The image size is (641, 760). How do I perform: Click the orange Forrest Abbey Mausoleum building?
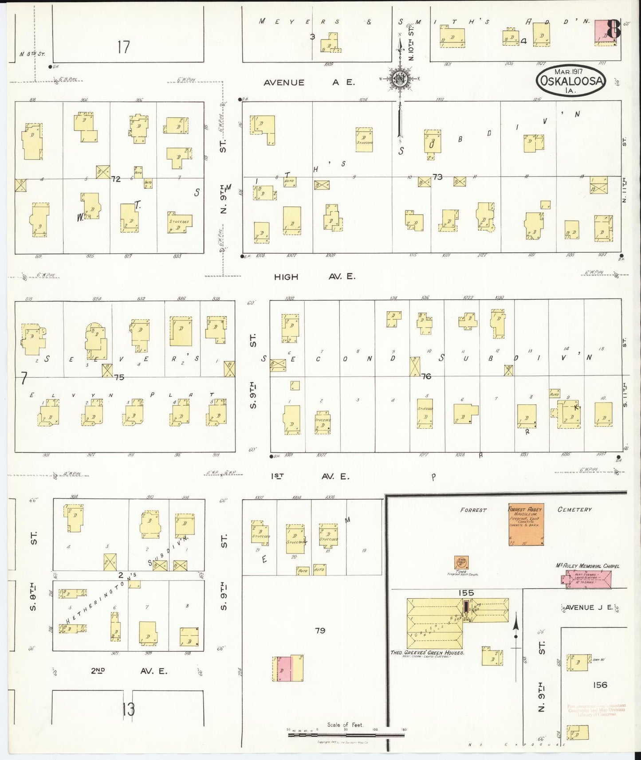526,524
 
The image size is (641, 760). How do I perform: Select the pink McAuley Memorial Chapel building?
586,579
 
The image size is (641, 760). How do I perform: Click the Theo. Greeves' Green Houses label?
427,652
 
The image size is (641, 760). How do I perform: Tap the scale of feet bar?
346,735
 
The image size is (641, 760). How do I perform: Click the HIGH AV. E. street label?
314,277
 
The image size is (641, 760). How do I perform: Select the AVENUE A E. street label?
309,82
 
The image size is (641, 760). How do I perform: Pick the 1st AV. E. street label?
310,477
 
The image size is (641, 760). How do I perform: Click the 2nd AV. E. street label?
129,671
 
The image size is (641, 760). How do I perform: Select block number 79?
320,630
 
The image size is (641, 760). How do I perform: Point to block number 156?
600,685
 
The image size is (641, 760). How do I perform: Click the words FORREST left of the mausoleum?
473,510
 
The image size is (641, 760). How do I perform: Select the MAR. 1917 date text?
569,71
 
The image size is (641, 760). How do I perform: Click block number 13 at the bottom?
129,710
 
